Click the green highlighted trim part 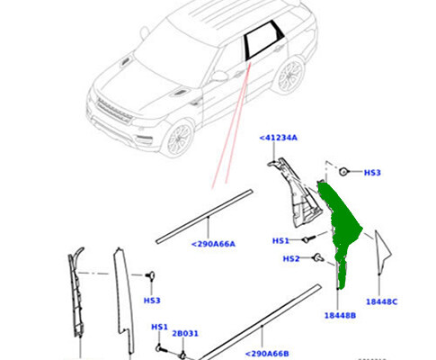pos(342,225)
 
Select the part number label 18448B pos(340,316)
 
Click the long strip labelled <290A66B pos(261,320)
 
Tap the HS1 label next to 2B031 pos(159,328)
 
